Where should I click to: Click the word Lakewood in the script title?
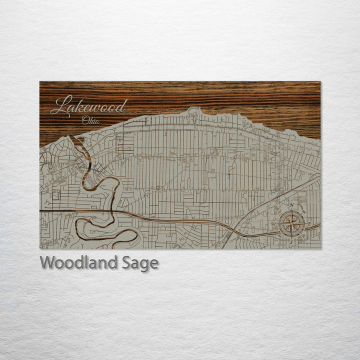pyautogui.click(x=89, y=106)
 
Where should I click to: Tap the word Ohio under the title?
pyautogui.click(x=91, y=120)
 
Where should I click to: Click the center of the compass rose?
pyautogui.click(x=291, y=224)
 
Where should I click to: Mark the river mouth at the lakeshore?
pyautogui.click(x=75, y=136)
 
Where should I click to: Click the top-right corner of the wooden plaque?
pyautogui.click(x=320, y=81)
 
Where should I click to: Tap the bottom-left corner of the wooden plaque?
pyautogui.click(x=40, y=248)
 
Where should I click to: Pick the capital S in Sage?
pyautogui.click(x=127, y=263)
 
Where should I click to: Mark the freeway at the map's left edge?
pyautogui.click(x=40, y=211)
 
